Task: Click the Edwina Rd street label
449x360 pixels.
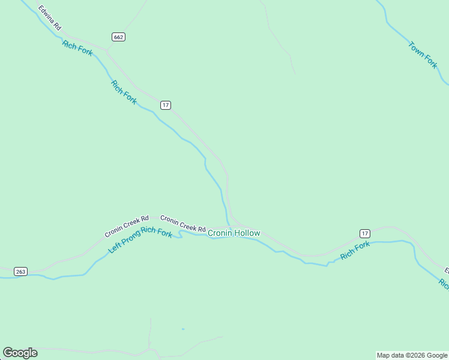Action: pos(49,18)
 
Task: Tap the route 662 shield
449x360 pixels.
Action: pos(118,37)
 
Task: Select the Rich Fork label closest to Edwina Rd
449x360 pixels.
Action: pos(77,48)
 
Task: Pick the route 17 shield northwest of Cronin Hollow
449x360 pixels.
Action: pos(166,105)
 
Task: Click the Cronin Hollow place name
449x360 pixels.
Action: pos(234,233)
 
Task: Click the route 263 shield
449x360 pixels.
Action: pos(20,271)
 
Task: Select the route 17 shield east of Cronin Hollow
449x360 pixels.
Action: pos(364,233)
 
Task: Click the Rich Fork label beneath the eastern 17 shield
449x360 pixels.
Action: pos(355,251)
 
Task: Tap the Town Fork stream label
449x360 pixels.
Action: pos(423,55)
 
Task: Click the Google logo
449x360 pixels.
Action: pos(20,353)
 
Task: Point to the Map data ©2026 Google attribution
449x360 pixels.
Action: pos(412,355)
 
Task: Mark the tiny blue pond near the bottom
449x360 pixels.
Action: pos(183,329)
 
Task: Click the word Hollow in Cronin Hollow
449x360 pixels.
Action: pos(247,233)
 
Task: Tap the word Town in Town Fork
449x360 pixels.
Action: pos(415,47)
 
